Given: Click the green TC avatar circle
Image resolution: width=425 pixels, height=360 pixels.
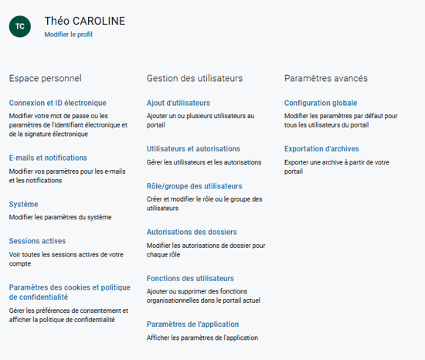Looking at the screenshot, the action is [x=20, y=26].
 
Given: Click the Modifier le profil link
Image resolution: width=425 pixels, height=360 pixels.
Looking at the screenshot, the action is [x=68, y=35].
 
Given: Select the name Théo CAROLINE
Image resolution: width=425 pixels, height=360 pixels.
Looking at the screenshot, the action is [x=84, y=21].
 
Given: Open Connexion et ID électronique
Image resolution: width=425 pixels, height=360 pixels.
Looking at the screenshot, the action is [x=58, y=103].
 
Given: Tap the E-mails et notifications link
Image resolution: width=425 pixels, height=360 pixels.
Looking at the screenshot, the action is [x=48, y=158].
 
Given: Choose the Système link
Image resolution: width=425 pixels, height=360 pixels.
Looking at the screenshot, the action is [x=23, y=204].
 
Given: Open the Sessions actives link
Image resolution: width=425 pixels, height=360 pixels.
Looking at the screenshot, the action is [x=37, y=241].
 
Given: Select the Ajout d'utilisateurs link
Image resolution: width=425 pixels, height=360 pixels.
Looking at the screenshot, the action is [x=178, y=103].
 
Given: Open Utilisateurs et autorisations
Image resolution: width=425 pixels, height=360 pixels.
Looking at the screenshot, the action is [x=193, y=148].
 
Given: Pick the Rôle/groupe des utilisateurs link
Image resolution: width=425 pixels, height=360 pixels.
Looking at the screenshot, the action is [x=194, y=186].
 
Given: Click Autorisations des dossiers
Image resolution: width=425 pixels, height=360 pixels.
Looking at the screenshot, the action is [x=192, y=232].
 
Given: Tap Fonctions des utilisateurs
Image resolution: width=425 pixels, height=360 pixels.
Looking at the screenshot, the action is [x=190, y=278].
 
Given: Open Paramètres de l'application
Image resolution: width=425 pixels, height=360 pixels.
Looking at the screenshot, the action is [x=192, y=324].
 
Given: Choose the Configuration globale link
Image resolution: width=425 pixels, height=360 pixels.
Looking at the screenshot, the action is [x=321, y=103].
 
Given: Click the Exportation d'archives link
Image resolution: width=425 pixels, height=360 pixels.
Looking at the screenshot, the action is [x=321, y=148].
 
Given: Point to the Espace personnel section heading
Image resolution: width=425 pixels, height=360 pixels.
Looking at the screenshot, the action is [x=45, y=78].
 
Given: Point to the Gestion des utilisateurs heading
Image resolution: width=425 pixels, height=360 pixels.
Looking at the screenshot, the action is [x=195, y=78].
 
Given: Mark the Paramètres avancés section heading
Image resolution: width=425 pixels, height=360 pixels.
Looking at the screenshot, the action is [x=325, y=78].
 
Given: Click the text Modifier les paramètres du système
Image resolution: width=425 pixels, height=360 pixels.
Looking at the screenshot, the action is [x=60, y=217].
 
